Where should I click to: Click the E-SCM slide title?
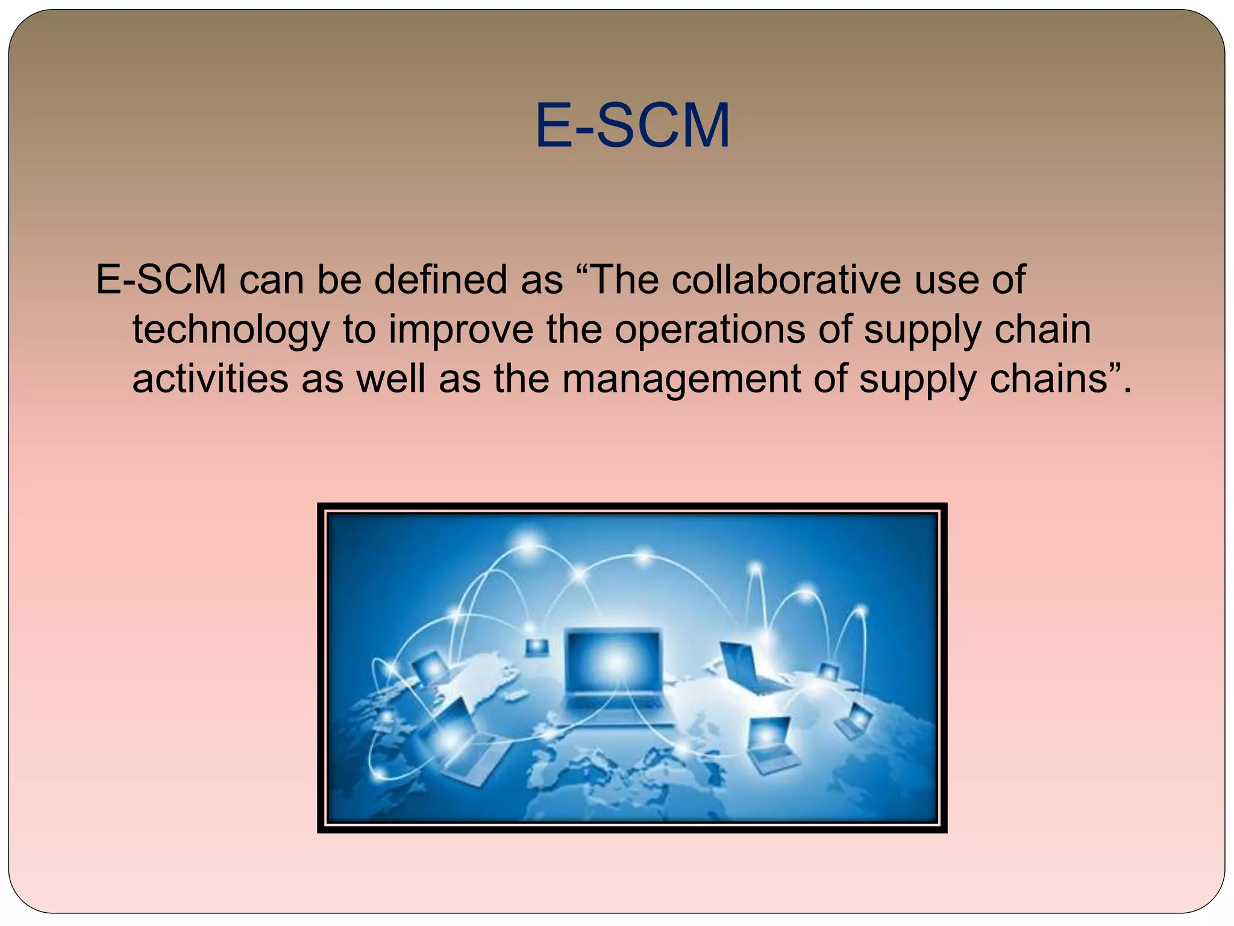click(632, 126)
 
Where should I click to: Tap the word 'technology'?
click(231, 330)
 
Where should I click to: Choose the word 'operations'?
click(709, 330)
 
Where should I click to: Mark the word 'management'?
click(681, 379)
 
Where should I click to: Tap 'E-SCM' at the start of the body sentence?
click(161, 280)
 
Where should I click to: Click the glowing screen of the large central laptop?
click(612, 661)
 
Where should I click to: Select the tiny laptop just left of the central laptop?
click(536, 647)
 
